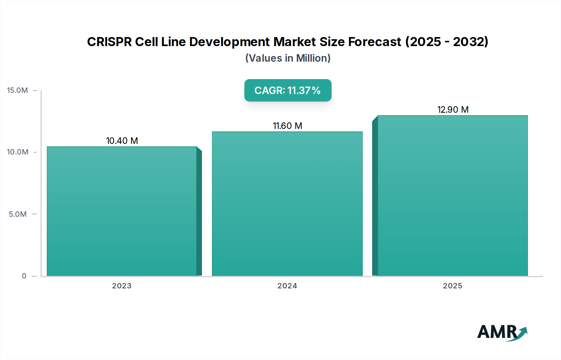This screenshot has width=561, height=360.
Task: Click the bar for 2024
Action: [287, 204]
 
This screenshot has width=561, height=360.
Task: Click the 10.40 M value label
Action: [122, 141]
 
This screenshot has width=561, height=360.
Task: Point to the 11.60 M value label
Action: [287, 126]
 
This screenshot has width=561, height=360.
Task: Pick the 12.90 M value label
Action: [453, 110]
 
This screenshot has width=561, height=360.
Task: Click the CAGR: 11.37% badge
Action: [288, 90]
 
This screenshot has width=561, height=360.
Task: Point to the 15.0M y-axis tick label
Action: [17, 90]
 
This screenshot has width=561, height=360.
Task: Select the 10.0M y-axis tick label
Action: [17, 152]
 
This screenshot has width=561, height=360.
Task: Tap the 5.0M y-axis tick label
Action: [18, 214]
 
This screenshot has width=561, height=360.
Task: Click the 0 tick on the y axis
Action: [24, 276]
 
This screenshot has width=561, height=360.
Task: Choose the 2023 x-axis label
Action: [122, 286]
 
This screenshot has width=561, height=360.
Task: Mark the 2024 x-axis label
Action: [287, 286]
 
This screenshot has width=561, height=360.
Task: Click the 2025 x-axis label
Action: [453, 286]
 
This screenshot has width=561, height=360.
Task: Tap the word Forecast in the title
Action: [374, 42]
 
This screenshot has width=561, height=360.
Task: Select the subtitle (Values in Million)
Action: [288, 58]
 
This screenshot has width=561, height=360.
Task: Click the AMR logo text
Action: [497, 332]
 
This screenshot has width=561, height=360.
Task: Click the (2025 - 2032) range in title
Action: [447, 42]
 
